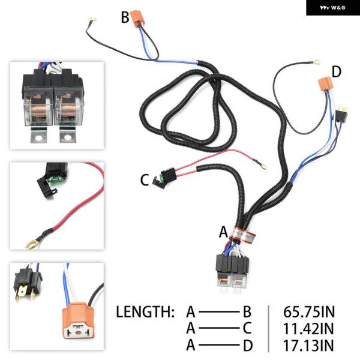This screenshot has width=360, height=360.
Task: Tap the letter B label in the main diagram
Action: tap(125, 17)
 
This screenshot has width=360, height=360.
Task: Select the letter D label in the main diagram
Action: tap(336, 72)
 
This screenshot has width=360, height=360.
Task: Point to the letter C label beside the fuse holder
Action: tap(144, 179)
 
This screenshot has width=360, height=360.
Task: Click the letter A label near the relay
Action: tap(224, 231)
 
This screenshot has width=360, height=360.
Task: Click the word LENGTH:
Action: tap(145, 312)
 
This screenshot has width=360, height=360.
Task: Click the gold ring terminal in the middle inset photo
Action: tap(29, 242)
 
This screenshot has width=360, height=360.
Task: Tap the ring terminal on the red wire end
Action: tap(259, 160)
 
